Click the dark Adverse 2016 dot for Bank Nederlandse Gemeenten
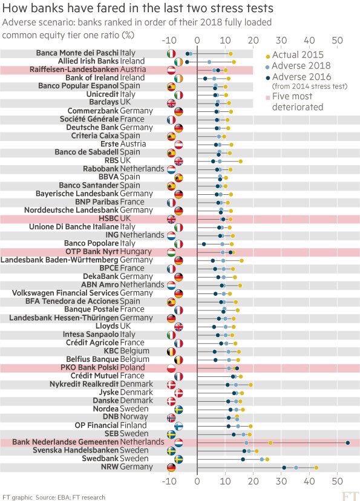coord(347,443)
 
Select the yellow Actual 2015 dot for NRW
coord(316,468)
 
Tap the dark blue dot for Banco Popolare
coord(204,244)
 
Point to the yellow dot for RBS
coord(241,162)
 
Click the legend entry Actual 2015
coord(295,55)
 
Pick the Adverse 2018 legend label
coord(298,66)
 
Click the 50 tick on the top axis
coord(338,41)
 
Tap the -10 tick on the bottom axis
coord(169,481)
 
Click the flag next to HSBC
coord(171,219)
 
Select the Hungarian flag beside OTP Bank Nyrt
coord(171,252)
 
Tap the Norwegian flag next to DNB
coord(171,417)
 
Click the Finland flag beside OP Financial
coord(178,426)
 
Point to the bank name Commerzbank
coord(93,111)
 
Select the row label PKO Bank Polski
coord(90,367)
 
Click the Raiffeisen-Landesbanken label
coord(74,70)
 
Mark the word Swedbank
coord(100,459)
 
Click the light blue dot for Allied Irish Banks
coord(209,62)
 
